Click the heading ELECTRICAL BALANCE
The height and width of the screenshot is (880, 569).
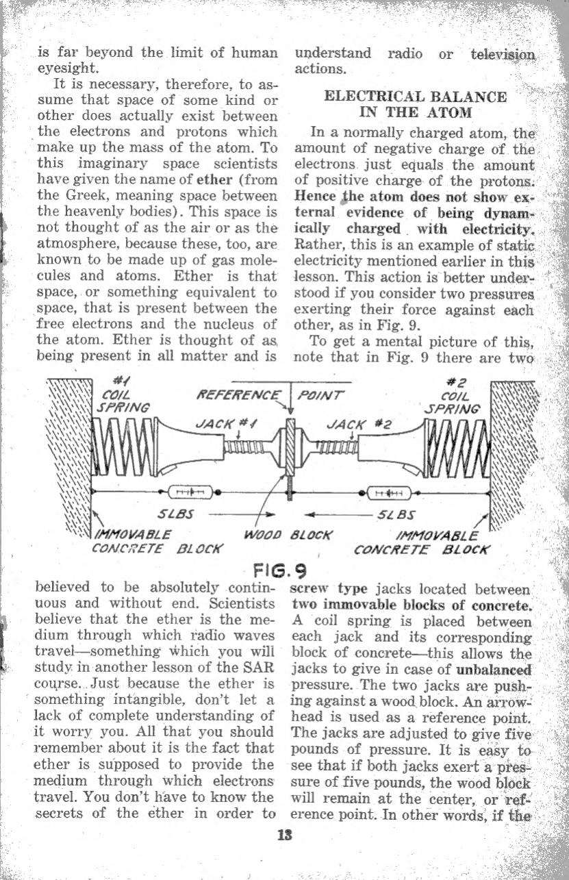(x=416, y=97)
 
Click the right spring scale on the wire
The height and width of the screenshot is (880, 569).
(x=388, y=491)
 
